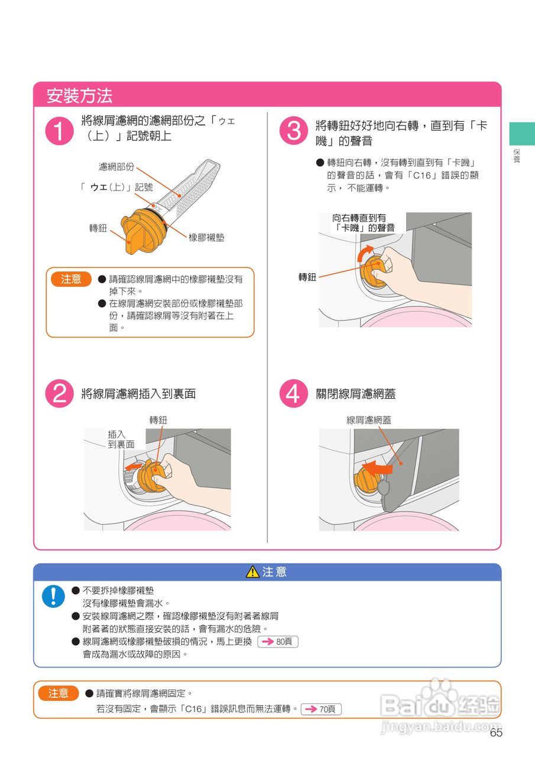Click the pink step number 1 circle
[x=60, y=131]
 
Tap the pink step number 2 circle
[x=60, y=393]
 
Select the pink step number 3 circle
[x=294, y=131]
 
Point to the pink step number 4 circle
[x=294, y=393]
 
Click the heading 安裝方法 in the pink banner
[x=79, y=96]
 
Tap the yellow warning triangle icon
[x=252, y=571]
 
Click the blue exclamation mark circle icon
[x=53, y=596]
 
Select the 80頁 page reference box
[x=278, y=642]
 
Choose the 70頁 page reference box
[x=321, y=709]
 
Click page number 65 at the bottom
[x=496, y=733]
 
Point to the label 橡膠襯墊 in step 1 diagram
[x=206, y=238]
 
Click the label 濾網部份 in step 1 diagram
[x=116, y=167]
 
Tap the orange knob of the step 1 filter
[x=143, y=231]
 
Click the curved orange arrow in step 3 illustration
[x=365, y=253]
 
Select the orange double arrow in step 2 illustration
[x=134, y=467]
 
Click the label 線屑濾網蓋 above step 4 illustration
[x=369, y=420]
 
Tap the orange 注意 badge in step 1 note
[x=72, y=279]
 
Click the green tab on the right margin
[x=522, y=134]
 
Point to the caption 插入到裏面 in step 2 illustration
[x=121, y=439]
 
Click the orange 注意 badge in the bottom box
[x=59, y=693]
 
